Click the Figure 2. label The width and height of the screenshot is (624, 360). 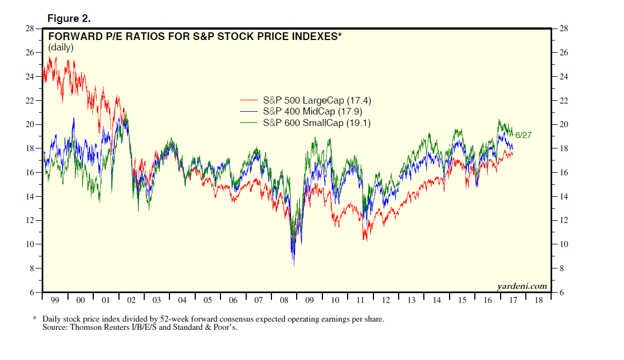click(x=69, y=19)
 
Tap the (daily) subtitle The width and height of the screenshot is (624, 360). click(x=61, y=48)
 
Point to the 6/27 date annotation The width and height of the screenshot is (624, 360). click(x=524, y=135)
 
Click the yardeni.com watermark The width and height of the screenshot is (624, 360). click(x=522, y=286)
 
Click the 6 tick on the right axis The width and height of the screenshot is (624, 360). click(x=562, y=293)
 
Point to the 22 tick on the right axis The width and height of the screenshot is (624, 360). click(x=564, y=101)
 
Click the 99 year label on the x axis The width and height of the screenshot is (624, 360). click(x=55, y=300)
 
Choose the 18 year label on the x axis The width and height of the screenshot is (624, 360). click(x=538, y=300)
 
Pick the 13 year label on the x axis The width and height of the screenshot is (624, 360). click(x=411, y=300)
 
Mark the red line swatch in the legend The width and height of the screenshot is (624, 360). click(x=249, y=100)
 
